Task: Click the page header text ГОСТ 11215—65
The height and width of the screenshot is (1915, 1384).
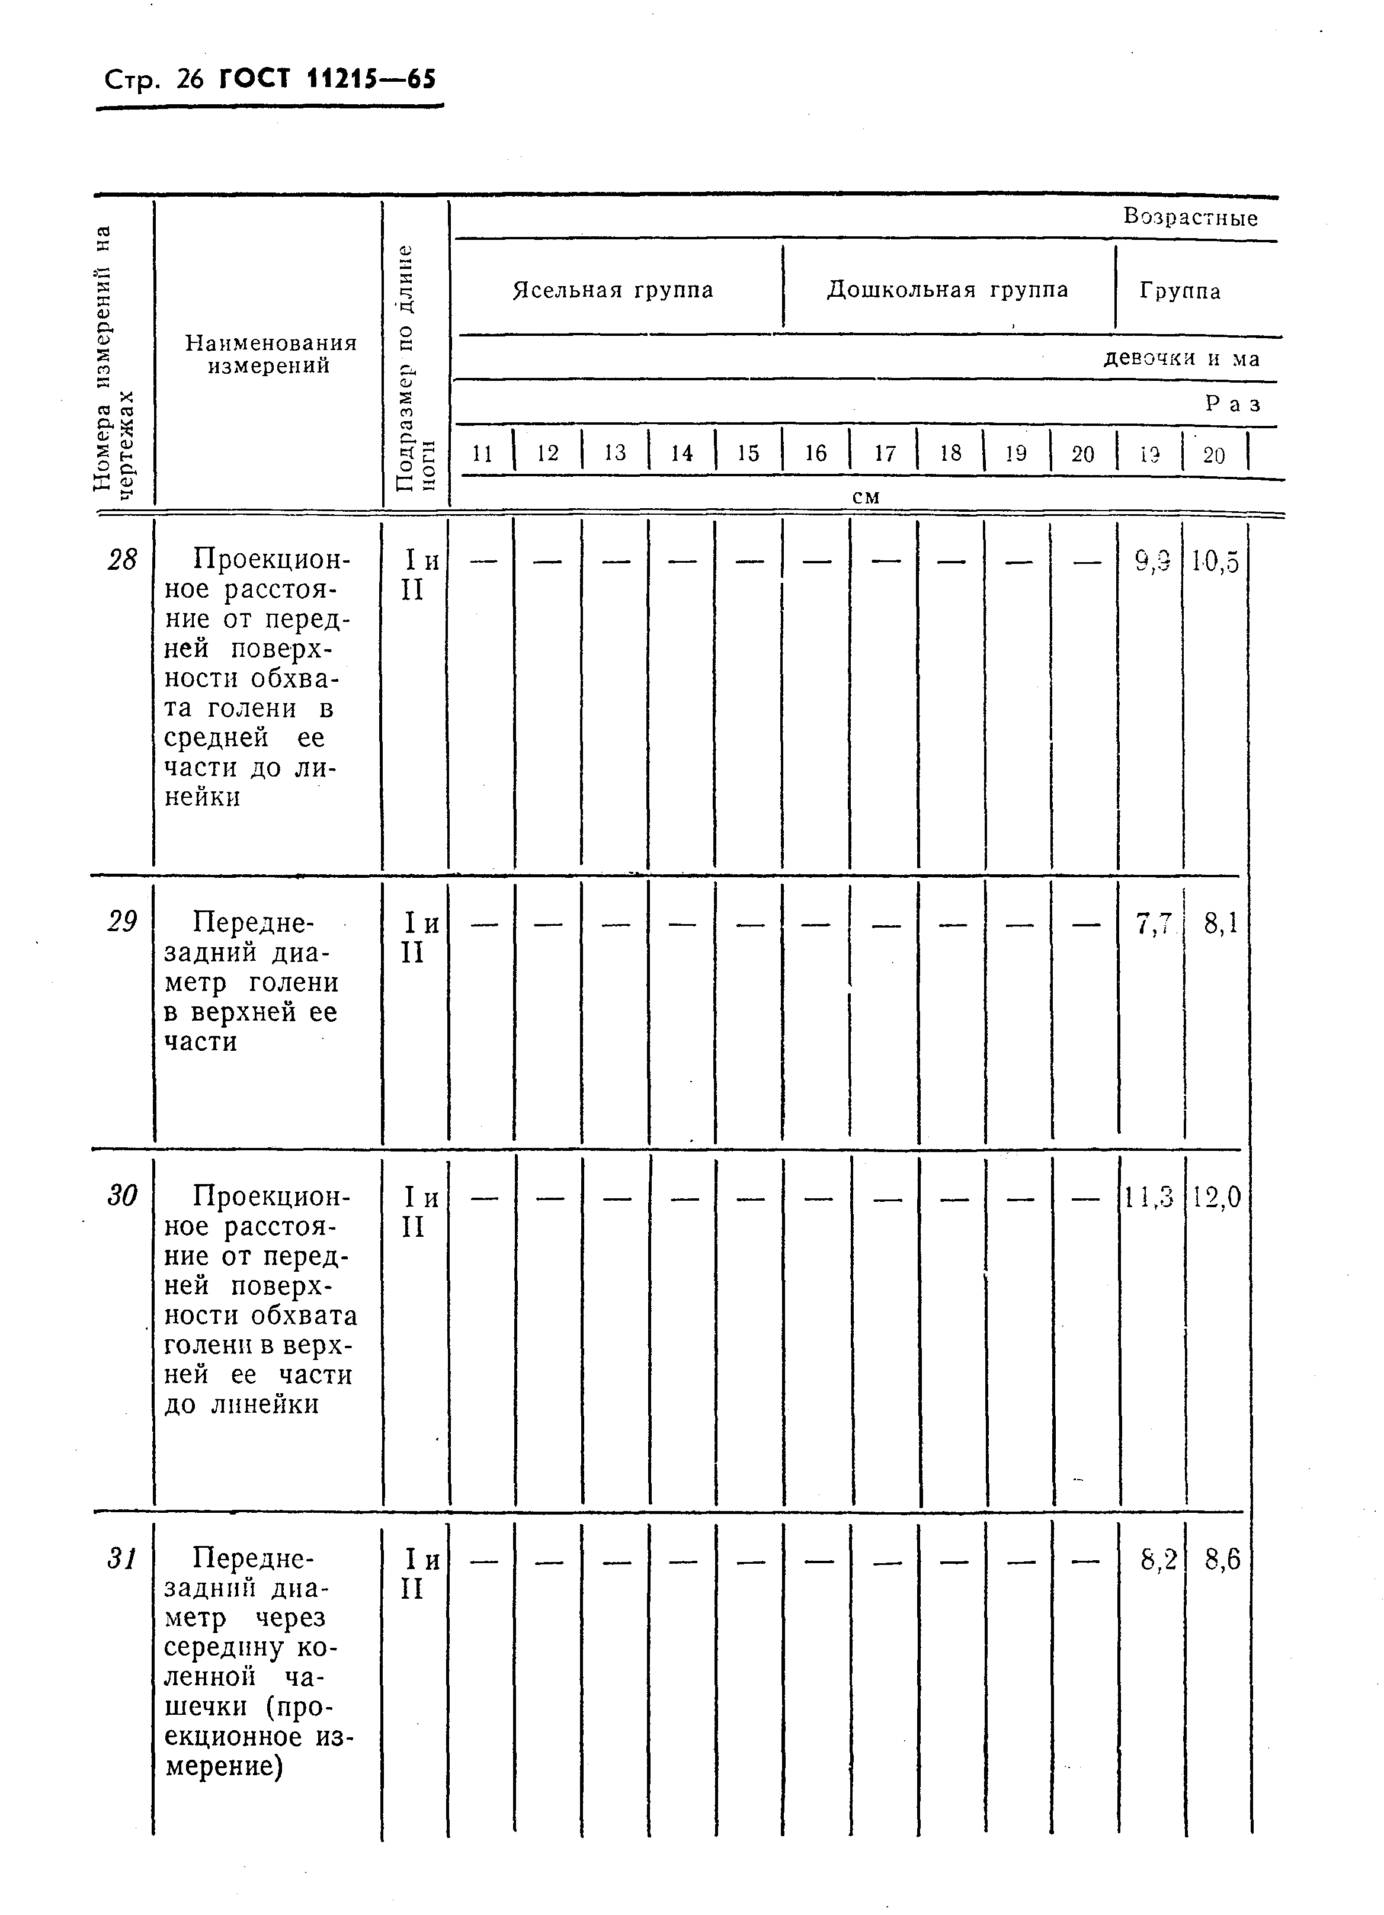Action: (x=327, y=80)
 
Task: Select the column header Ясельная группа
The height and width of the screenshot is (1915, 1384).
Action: (x=613, y=290)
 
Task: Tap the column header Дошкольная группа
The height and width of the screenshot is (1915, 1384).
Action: (x=947, y=290)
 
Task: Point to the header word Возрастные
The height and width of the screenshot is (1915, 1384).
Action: (x=1190, y=218)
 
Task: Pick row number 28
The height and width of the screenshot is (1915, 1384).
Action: (x=123, y=559)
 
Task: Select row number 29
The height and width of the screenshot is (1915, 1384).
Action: (x=123, y=921)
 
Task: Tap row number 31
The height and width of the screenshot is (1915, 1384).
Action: (x=123, y=1558)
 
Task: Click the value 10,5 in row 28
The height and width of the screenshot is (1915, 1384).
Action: (x=1215, y=562)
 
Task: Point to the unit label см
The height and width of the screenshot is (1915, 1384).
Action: (x=866, y=498)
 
